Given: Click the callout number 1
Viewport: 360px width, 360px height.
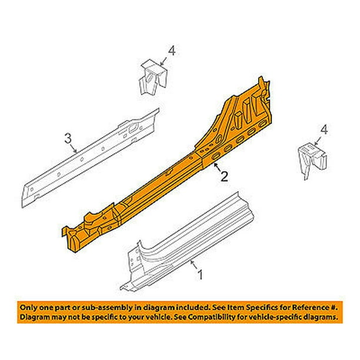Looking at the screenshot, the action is coord(201,275).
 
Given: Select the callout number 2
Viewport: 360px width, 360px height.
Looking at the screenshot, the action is coord(224,176).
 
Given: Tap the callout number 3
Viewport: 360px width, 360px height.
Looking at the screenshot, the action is coord(68,138).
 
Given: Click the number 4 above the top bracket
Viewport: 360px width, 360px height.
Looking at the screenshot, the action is coord(172,51).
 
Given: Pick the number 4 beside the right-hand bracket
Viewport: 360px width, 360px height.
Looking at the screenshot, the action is coord(324,130).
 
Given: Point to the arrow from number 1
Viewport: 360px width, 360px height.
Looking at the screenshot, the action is coord(194,265).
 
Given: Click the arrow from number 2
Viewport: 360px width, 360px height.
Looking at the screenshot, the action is coord(218,167).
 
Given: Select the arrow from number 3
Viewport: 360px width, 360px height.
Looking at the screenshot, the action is coord(74,148).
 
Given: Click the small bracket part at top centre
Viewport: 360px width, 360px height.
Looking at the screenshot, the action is coord(153,77).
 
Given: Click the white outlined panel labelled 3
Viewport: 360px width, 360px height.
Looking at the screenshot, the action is coord(90,158).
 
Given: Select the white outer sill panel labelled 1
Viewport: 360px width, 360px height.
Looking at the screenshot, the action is coord(186,242).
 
